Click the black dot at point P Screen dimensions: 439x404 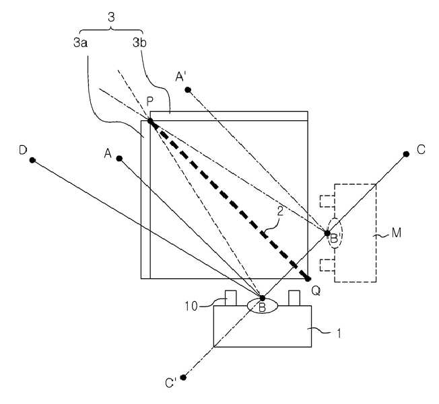point(150,121)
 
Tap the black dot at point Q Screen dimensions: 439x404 point(308,279)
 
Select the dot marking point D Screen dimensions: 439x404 point(32,160)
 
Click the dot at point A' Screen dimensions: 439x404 point(188,90)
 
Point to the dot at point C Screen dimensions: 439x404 point(406,154)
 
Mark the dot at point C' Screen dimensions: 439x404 point(183,377)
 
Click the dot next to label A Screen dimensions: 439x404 point(119,159)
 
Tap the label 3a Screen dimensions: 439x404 point(80,43)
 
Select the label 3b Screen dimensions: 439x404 point(139,43)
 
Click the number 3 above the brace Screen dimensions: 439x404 point(111,17)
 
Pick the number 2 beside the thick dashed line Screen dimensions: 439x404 point(280,211)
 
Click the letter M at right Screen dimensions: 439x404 point(397,233)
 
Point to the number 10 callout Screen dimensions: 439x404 point(191,307)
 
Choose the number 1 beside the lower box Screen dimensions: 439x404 point(339,333)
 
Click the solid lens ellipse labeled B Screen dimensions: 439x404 point(263,306)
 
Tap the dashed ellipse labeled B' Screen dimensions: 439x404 point(335,233)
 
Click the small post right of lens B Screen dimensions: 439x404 point(294,298)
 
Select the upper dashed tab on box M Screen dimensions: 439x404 point(327,201)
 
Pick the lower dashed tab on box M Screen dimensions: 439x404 point(327,265)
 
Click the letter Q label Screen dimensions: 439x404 point(316,291)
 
